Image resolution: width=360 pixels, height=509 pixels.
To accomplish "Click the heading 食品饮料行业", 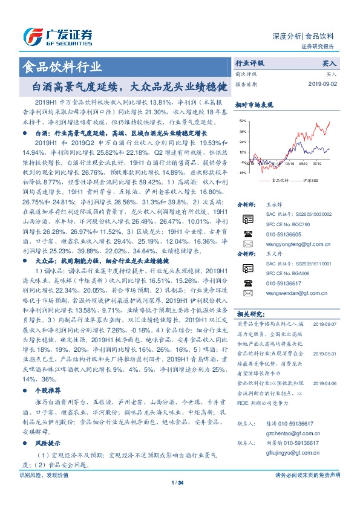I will [62, 66].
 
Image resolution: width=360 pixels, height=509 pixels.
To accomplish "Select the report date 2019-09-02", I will [321, 84].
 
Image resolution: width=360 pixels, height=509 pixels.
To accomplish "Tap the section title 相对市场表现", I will [254, 105].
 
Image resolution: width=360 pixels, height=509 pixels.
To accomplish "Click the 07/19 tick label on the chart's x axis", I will [318, 163].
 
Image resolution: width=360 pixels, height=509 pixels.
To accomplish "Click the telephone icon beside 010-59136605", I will [247, 234].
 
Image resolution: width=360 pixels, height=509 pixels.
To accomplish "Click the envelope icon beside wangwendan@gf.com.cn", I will [247, 294].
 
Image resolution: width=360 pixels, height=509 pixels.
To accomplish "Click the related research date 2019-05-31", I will [324, 354].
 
